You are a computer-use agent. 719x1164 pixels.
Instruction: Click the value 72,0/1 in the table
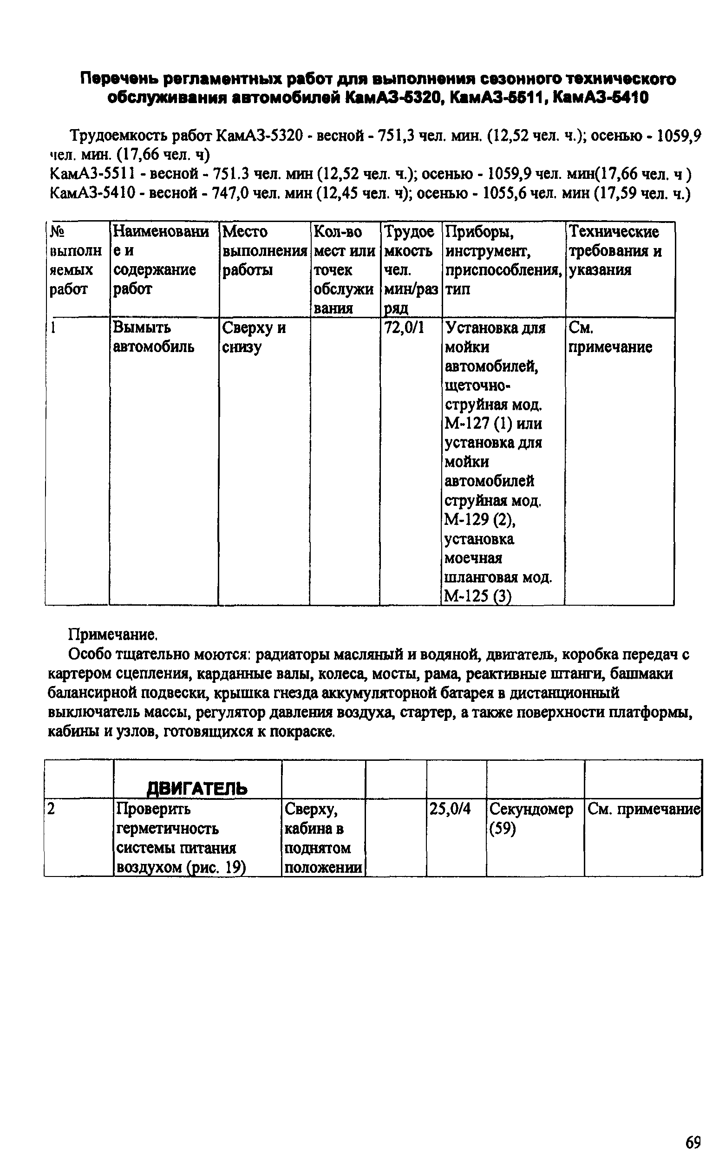pyautogui.click(x=404, y=327)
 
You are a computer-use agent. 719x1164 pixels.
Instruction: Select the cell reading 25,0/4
pyautogui.click(x=450, y=809)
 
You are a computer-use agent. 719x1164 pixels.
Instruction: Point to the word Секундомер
pyautogui.click(x=531, y=809)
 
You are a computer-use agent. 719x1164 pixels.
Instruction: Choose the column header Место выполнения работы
pyautogui.click(x=264, y=250)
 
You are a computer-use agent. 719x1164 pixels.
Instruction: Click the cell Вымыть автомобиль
pyautogui.click(x=153, y=337)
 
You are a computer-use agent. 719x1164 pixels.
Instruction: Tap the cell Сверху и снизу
pyautogui.click(x=254, y=337)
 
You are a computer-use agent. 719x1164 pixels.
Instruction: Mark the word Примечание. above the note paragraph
pyautogui.click(x=113, y=635)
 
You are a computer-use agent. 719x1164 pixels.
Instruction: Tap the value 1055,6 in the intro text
pyautogui.click(x=506, y=194)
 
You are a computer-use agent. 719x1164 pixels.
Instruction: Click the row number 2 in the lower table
pyautogui.click(x=52, y=809)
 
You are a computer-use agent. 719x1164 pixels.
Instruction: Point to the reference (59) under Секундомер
pyautogui.click(x=502, y=828)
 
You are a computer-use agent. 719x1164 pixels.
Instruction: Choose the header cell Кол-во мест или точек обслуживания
pyautogui.click(x=344, y=269)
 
